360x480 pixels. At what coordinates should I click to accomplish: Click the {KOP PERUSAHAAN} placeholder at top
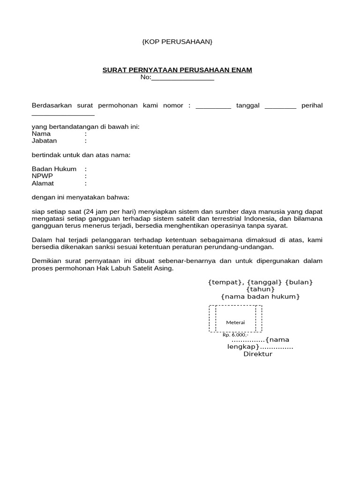(x=177, y=42)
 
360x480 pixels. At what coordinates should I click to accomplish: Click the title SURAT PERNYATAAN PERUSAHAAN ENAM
(x=177, y=70)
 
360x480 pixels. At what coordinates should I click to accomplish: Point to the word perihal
(x=312, y=105)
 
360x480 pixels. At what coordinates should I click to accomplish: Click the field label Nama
(x=41, y=134)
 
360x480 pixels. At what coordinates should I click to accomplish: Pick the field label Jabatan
(x=44, y=141)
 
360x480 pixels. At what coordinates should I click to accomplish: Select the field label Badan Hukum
(x=54, y=169)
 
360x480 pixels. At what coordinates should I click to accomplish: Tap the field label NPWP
(x=42, y=176)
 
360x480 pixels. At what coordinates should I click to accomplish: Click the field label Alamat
(x=43, y=183)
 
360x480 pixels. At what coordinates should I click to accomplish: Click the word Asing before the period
(x=164, y=268)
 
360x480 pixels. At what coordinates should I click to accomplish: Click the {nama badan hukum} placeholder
(x=260, y=297)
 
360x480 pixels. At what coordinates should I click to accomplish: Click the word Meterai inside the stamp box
(x=235, y=322)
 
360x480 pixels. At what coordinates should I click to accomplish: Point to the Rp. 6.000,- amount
(x=235, y=335)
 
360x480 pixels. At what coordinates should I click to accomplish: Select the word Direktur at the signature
(x=257, y=354)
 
